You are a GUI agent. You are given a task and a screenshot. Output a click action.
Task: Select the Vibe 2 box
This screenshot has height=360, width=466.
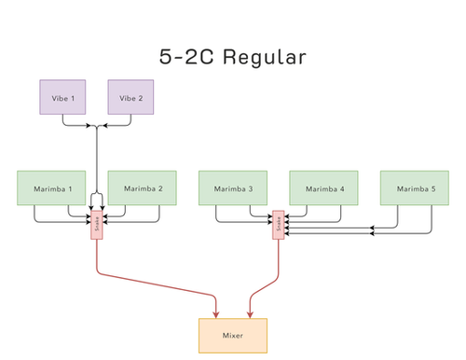[x=130, y=97]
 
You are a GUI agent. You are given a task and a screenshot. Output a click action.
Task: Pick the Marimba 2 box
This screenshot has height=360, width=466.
[x=143, y=188]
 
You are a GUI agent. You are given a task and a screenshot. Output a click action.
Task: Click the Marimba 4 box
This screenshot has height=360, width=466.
[x=323, y=188]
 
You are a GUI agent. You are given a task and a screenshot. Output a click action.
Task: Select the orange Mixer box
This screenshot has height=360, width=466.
[x=233, y=335]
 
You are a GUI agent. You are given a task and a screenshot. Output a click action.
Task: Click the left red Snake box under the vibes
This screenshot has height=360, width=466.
[x=97, y=225]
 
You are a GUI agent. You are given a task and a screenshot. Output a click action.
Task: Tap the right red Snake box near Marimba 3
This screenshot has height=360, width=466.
[x=278, y=225]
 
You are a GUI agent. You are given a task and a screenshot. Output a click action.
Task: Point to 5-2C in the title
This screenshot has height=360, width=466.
[x=187, y=57]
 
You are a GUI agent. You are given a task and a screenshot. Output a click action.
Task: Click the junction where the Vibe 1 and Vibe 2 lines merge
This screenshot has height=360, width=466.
[x=97, y=126]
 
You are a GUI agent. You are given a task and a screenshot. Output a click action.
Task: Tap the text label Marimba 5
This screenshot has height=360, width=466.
[x=415, y=188]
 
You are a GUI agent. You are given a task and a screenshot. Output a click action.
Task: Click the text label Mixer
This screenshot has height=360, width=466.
[x=233, y=335]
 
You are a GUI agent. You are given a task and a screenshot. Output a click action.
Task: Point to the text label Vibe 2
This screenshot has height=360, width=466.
[x=130, y=97]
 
